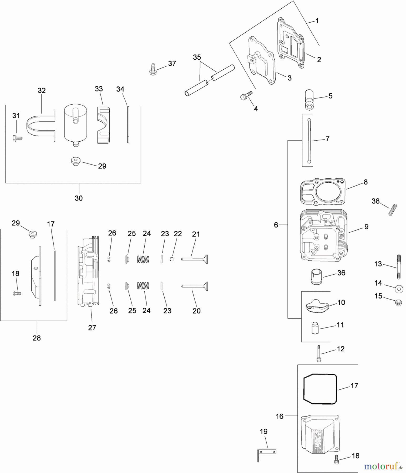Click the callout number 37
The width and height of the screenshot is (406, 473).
coord(172,63)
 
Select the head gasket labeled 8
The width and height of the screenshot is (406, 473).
coord(323,192)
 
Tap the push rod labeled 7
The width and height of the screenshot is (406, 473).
coord(309,141)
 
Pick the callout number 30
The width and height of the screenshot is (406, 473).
coord(79,198)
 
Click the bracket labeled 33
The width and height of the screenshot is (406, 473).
coord(103,125)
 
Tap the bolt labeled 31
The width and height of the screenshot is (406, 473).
coord(17,137)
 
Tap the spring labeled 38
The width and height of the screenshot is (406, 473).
coord(392,210)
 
